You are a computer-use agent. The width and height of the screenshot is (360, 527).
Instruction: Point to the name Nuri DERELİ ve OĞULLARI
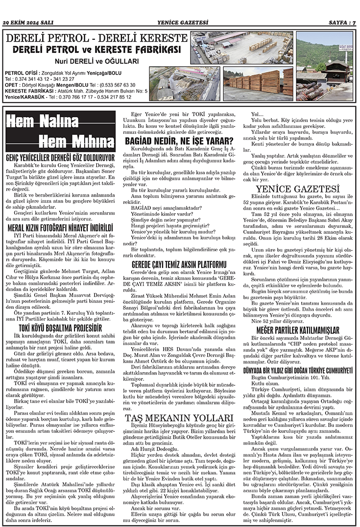pos(96,61)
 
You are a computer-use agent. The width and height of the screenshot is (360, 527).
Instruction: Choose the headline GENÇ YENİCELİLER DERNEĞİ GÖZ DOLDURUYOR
pos(60,158)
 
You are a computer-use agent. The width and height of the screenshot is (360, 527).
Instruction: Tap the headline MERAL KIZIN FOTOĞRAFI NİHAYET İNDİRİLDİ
pos(60,228)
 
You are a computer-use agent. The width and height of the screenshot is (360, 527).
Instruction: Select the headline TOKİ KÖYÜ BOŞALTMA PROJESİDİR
pos(60,327)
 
